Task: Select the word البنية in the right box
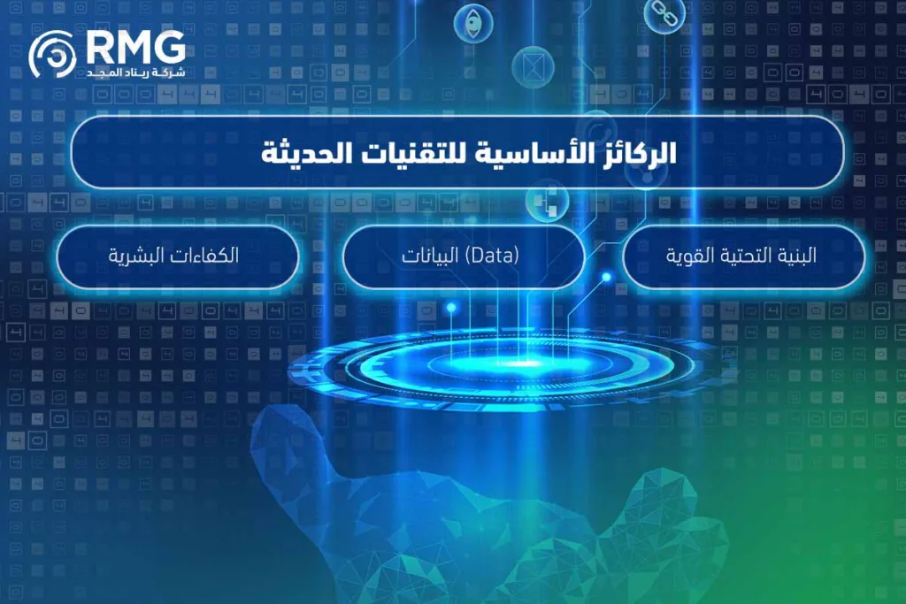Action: pos(795,256)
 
